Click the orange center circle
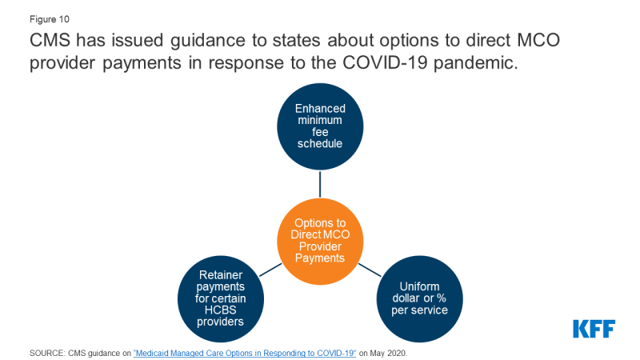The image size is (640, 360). (x=320, y=242)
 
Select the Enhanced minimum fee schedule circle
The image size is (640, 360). (x=320, y=126)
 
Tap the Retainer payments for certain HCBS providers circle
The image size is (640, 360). (x=221, y=298)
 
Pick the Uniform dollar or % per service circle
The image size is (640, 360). (x=419, y=298)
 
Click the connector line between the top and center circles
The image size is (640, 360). (x=320, y=184)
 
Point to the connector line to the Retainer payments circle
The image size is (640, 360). (x=270, y=270)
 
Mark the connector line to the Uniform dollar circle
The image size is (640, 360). (x=370, y=270)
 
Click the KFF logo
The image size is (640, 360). (x=594, y=329)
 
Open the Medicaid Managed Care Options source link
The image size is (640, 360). (x=245, y=353)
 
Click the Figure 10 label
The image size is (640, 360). (x=50, y=19)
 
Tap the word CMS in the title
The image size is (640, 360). (x=50, y=40)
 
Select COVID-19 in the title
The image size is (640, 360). (x=385, y=62)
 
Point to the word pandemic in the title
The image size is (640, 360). (x=475, y=63)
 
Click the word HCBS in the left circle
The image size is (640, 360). (x=221, y=310)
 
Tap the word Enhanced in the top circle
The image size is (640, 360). (x=320, y=109)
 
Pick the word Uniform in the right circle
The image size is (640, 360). (x=419, y=286)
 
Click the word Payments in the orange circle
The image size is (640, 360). (x=320, y=258)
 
